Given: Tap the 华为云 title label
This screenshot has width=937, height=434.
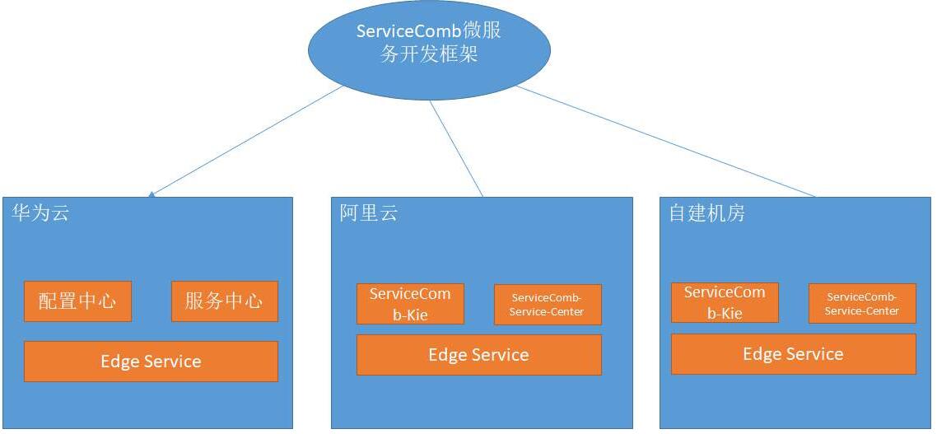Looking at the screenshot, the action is tap(40, 212).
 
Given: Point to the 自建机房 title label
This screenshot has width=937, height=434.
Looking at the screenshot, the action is tap(707, 212).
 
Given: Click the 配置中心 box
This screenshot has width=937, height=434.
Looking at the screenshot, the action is tap(77, 301).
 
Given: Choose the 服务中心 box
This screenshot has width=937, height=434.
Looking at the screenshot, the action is tap(225, 301).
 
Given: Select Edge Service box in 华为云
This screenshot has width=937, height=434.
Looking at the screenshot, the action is tap(152, 361).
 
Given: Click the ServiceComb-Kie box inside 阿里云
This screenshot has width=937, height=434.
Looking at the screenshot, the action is tap(410, 304).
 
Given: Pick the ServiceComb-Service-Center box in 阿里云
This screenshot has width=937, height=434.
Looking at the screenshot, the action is tap(548, 304).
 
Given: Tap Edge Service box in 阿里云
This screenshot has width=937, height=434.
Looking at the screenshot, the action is tap(479, 354).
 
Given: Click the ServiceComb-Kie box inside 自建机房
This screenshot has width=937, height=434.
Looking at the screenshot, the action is tap(725, 302).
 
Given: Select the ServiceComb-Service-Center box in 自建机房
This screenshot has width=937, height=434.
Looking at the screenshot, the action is tap(862, 303).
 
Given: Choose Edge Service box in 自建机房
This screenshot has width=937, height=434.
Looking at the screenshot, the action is tap(794, 354).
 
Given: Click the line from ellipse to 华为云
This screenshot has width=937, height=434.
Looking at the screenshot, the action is tap(247, 141).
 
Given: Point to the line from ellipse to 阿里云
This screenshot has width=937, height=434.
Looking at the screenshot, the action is tap(456, 149).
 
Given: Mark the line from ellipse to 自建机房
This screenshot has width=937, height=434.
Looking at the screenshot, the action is tap(666, 142).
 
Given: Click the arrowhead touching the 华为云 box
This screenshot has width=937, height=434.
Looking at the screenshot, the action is tap(152, 194).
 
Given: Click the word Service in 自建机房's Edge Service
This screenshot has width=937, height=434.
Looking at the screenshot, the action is tap(816, 354).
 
